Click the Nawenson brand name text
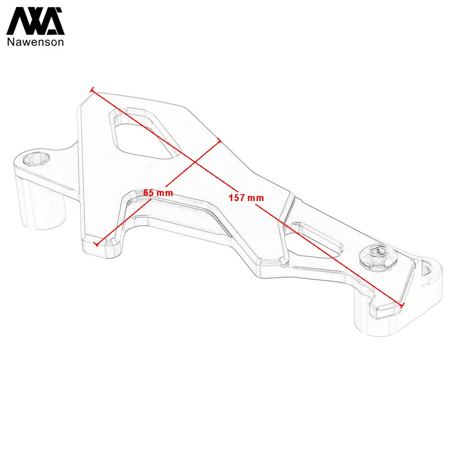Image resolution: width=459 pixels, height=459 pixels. (35, 42)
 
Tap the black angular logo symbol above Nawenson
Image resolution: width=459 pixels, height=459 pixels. (35, 22)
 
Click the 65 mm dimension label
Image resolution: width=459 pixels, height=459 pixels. (158, 193)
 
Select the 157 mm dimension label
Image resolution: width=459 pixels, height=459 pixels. (246, 198)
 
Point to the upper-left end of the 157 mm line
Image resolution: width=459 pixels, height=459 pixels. (92, 90)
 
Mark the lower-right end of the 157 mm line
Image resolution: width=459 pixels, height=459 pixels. (403, 305)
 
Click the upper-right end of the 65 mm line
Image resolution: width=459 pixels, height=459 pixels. (219, 141)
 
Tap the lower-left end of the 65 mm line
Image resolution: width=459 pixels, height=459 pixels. (95, 244)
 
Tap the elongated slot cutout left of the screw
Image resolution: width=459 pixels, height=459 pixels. (313, 241)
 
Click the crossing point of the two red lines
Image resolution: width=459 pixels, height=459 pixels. (195, 162)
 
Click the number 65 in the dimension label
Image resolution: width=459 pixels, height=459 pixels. (148, 192)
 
